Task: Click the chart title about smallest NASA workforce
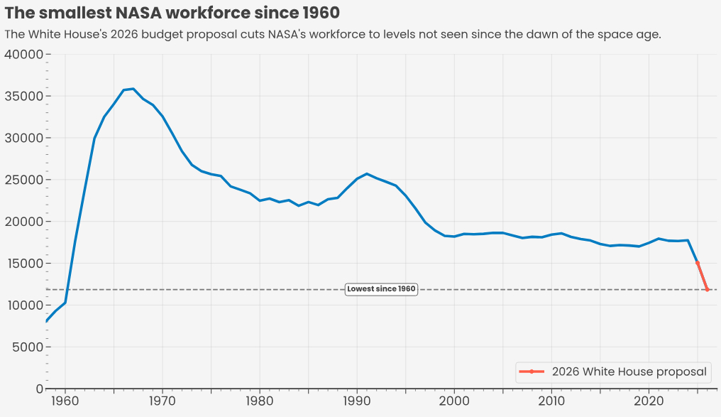click(172, 13)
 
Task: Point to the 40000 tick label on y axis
click(23, 55)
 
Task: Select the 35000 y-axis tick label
click(23, 97)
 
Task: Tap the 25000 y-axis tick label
click(23, 180)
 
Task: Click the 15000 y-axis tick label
click(23, 264)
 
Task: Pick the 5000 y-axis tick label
click(27, 347)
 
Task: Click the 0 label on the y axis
click(39, 389)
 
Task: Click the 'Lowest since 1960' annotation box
click(381, 289)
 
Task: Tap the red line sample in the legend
click(532, 372)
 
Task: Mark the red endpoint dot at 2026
click(708, 290)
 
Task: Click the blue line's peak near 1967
click(133, 89)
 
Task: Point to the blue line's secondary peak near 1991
click(366, 173)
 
